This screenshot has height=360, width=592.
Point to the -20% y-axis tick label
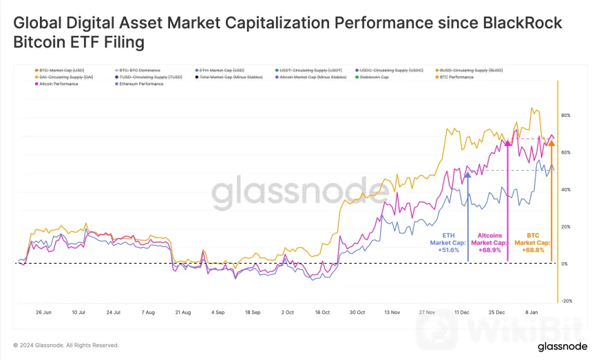tap(567, 301)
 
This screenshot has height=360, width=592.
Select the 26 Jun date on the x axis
tap(43, 312)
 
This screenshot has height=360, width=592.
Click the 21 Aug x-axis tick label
tap(182, 312)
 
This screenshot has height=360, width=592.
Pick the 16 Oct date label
tap(322, 312)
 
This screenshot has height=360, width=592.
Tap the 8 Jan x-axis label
tap(531, 312)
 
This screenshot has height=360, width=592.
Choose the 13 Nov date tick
tap(392, 312)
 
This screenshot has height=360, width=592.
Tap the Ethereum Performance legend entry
tap(140, 84)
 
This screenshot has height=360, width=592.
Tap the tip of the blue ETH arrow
tap(468, 173)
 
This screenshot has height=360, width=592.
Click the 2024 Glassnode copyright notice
tap(66, 345)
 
